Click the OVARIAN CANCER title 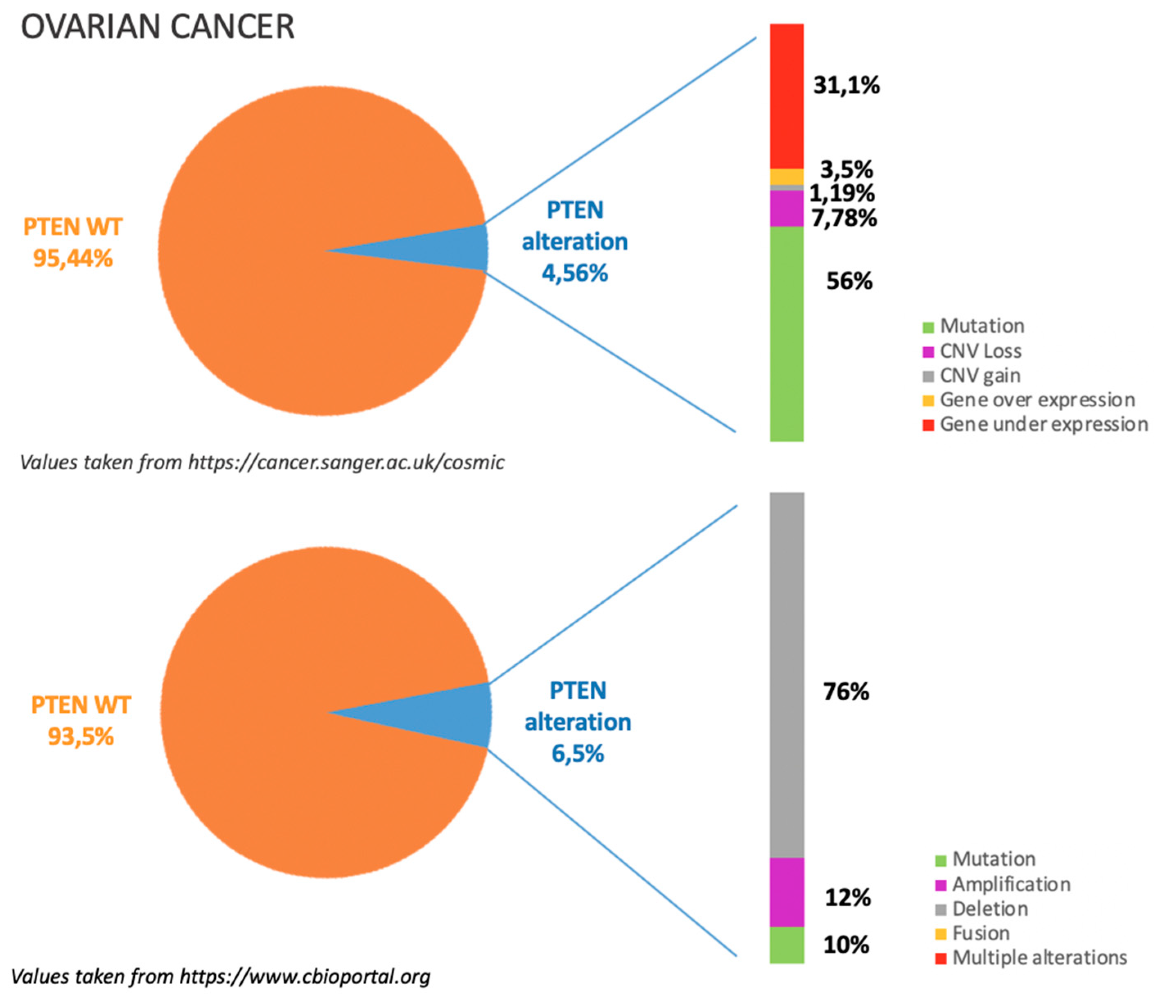pos(158,27)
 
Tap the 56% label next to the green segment pos(849,281)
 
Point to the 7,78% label pos(844,217)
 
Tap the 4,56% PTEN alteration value pos(575,273)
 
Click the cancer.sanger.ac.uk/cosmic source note pos(262,462)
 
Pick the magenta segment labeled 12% pos(787,892)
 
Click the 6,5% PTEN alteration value pos(578,754)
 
